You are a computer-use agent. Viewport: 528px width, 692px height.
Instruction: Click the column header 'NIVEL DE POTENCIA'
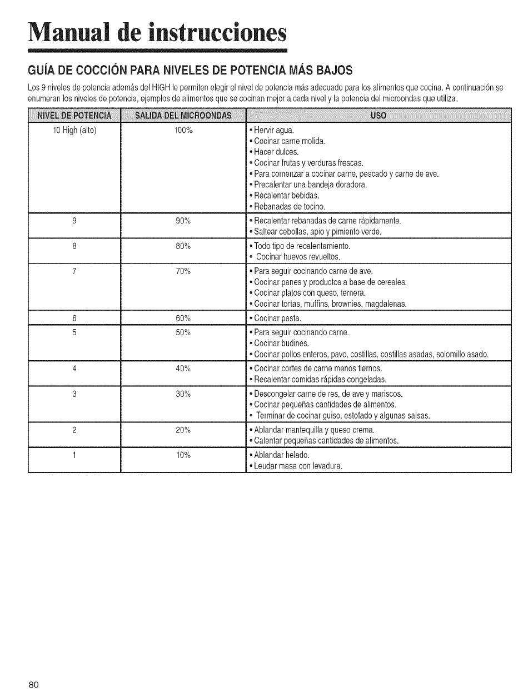pyautogui.click(x=74, y=116)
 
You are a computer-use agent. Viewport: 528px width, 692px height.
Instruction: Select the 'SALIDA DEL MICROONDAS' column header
pyautogui.click(x=183, y=116)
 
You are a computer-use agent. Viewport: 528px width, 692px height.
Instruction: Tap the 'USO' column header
pyautogui.click(x=378, y=116)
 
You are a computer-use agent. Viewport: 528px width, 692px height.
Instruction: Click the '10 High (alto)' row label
pyautogui.click(x=74, y=131)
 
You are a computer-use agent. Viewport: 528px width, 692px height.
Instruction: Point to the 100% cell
pyautogui.click(x=183, y=131)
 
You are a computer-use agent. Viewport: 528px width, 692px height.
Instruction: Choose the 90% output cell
pyautogui.click(x=183, y=221)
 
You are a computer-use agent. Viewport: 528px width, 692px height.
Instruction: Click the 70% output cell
pyautogui.click(x=183, y=271)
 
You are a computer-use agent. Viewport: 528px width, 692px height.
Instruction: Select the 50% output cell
pyautogui.click(x=183, y=332)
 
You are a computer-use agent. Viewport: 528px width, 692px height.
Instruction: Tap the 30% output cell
pyautogui.click(x=183, y=394)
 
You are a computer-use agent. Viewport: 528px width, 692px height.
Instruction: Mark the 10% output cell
pyautogui.click(x=183, y=455)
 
